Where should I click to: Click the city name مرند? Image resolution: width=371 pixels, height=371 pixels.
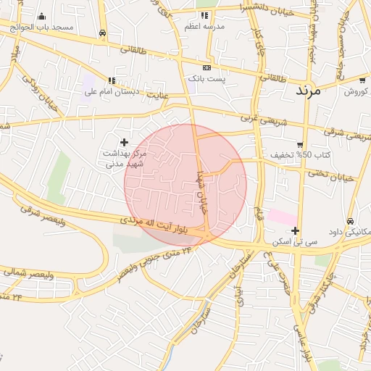click(x=313, y=91)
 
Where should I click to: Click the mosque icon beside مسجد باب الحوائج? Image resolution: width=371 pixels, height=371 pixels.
click(x=41, y=16)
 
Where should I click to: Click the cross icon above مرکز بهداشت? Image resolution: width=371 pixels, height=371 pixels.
click(x=124, y=142)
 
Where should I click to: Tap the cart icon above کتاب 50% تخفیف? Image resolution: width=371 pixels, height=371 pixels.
click(x=301, y=145)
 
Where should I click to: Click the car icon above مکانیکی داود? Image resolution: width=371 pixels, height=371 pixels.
click(x=350, y=221)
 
